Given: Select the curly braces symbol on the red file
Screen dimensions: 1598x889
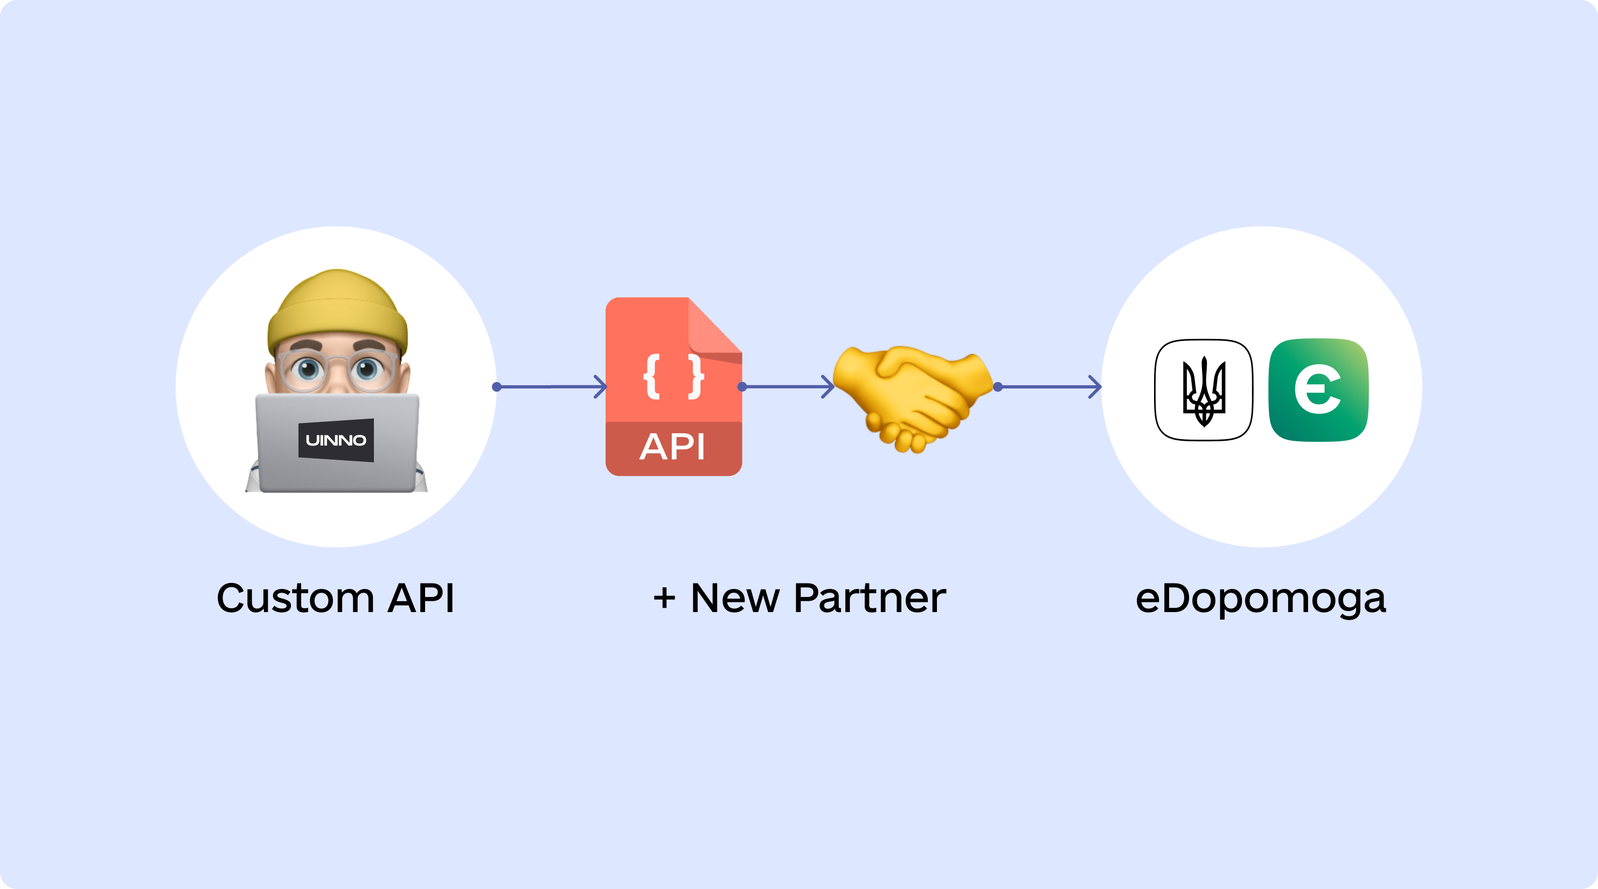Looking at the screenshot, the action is [673, 376].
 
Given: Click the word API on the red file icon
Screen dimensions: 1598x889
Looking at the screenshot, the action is [672, 447].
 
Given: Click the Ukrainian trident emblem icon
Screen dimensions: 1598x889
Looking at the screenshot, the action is [1204, 390].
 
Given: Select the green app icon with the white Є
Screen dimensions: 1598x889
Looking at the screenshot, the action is [1318, 390].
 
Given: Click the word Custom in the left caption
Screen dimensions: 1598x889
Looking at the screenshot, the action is [295, 598].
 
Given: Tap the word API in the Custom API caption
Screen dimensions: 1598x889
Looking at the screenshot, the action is [421, 598].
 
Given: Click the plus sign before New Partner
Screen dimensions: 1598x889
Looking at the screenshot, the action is [664, 599].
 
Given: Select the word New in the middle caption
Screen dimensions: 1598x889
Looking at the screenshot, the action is [735, 598].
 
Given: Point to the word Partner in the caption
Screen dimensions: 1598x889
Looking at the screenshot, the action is [870, 598].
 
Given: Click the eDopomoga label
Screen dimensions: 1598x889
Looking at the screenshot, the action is [1261, 599].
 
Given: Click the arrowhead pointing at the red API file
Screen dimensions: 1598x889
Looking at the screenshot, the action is [601, 386].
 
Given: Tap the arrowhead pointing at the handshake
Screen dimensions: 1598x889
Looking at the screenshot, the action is [828, 386].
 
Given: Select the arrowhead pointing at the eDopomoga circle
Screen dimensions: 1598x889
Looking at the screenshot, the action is [1095, 386].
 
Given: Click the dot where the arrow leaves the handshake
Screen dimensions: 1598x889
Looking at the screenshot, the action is [997, 387].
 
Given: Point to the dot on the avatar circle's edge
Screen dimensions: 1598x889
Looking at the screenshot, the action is [496, 387].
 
